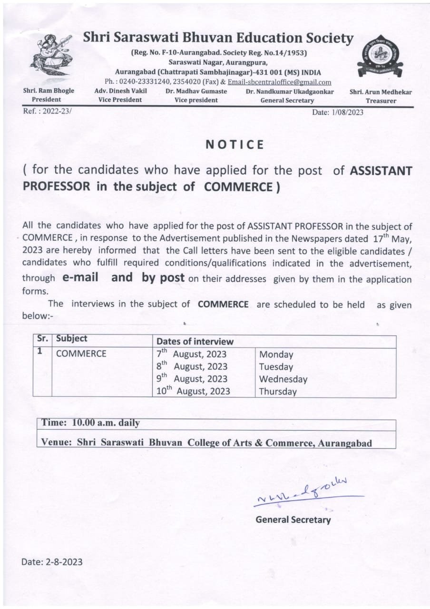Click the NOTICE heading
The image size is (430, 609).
click(x=235, y=145)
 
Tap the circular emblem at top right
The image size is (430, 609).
click(x=380, y=57)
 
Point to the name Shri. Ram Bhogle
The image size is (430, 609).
click(x=49, y=91)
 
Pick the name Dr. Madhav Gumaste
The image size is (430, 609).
click(x=196, y=91)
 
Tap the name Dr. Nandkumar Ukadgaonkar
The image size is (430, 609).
click(x=290, y=91)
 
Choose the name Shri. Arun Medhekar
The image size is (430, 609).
click(x=381, y=92)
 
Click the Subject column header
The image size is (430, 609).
click(x=71, y=339)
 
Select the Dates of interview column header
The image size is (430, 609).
click(x=195, y=341)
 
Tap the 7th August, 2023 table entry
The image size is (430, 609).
click(x=192, y=354)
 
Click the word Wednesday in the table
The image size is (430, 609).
click(x=283, y=379)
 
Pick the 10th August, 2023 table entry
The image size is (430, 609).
click(x=193, y=391)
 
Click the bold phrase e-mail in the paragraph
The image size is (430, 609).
click(x=80, y=278)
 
